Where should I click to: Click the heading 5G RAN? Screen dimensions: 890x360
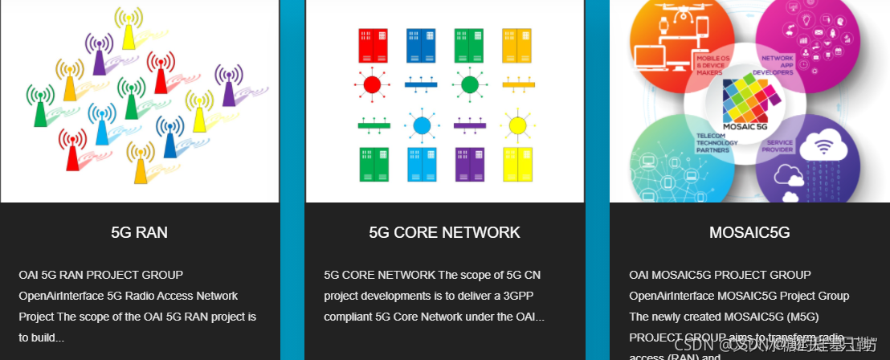tap(139, 233)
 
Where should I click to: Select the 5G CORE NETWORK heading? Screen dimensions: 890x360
tap(444, 233)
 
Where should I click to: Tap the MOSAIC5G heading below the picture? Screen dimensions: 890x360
tap(749, 233)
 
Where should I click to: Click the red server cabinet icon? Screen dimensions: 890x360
tap(373, 46)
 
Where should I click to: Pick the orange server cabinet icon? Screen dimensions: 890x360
tap(516, 46)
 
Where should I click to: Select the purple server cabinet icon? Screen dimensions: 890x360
tap(470, 164)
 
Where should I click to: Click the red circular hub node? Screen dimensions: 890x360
tap(372, 84)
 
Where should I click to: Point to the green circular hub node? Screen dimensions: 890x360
tap(470, 84)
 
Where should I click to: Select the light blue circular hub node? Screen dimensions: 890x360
tap(422, 125)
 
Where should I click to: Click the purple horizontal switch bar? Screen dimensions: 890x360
tap(470, 125)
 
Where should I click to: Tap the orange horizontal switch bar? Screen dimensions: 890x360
tap(518, 84)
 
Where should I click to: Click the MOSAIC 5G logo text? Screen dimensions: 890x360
tap(746, 127)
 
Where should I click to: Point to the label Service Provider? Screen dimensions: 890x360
tap(780, 147)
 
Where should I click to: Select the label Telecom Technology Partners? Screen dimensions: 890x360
tap(717, 143)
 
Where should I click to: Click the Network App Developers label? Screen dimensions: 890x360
tap(778, 65)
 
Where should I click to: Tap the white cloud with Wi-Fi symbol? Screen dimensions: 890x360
tap(823, 149)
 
